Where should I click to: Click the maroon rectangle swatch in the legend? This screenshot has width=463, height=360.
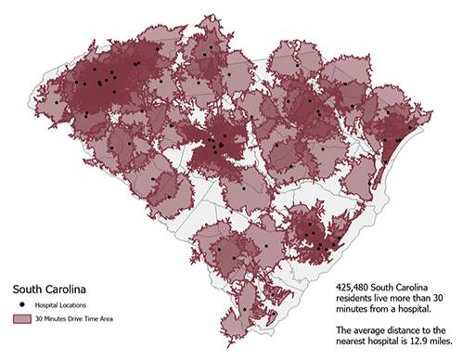coord(19,318)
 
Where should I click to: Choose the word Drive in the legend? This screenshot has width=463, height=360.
coord(78,318)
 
